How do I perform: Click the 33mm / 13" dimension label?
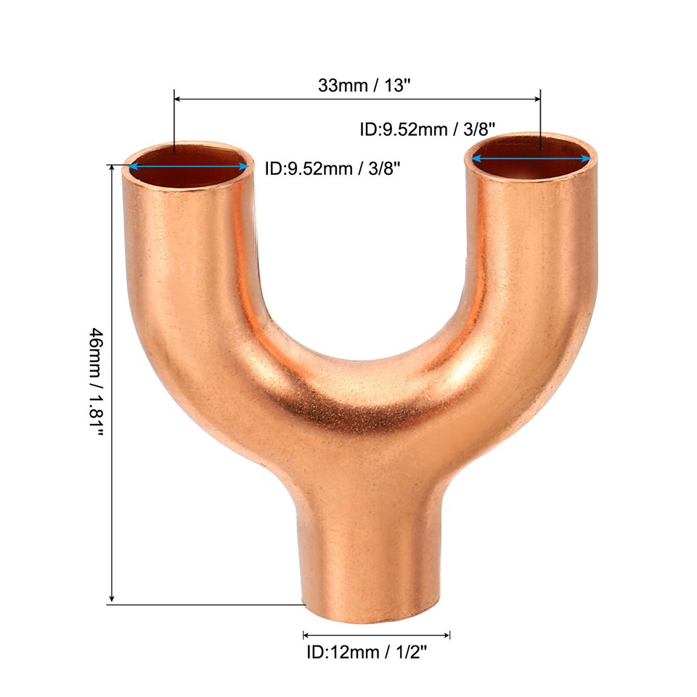point(364,85)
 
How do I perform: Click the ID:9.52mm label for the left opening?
point(333,168)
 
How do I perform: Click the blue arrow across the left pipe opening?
point(189,166)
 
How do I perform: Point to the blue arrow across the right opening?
point(531,158)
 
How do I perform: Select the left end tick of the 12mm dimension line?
point(303,635)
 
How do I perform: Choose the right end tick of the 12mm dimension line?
point(450,635)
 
